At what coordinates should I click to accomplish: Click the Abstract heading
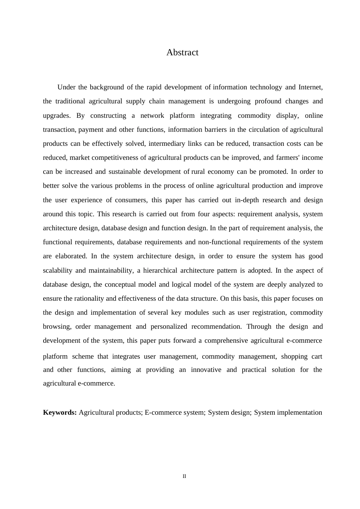click(x=182, y=53)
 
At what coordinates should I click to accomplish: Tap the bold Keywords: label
click(x=60, y=412)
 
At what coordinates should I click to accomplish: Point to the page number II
click(x=185, y=476)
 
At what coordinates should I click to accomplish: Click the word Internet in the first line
click(x=310, y=87)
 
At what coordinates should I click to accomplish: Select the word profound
click(x=268, y=101)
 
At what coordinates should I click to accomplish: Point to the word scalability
click(x=58, y=270)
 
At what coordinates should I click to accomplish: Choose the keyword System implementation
click(x=288, y=412)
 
